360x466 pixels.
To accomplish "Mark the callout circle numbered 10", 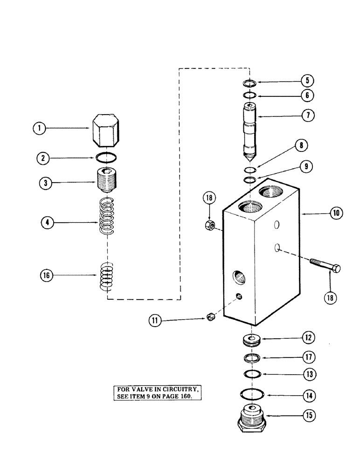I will pos(336,213).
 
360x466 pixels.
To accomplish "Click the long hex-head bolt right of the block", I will pos(325,267).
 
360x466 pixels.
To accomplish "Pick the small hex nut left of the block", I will pos(209,226).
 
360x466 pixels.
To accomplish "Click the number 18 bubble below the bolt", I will pos(330,296).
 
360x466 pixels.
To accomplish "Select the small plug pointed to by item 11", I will pos(210,317).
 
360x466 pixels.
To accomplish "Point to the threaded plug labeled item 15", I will pos(251,416).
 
